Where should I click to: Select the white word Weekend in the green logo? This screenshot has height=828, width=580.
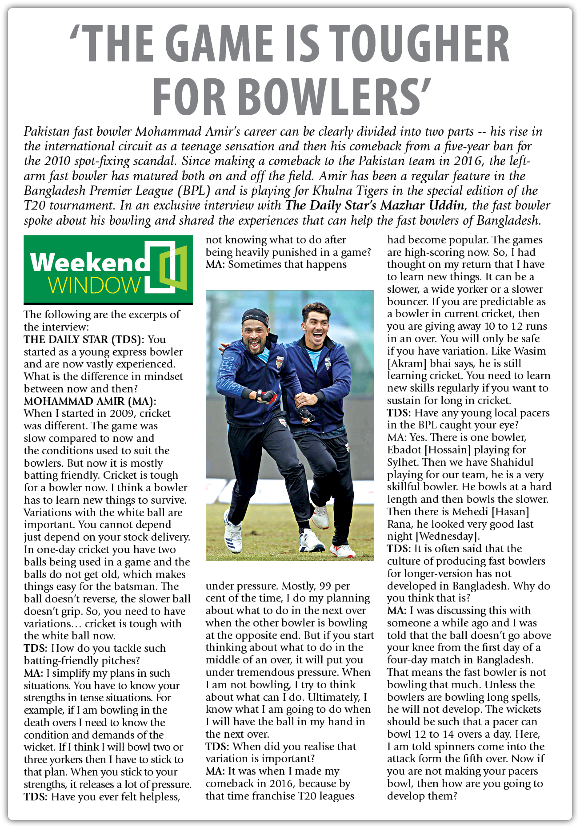point(88,263)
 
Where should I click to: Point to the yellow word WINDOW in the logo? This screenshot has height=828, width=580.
point(94,286)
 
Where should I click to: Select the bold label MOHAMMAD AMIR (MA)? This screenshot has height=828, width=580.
point(90,401)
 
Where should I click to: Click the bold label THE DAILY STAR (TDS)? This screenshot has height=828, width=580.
point(84,339)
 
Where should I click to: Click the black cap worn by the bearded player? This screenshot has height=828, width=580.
point(255,317)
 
